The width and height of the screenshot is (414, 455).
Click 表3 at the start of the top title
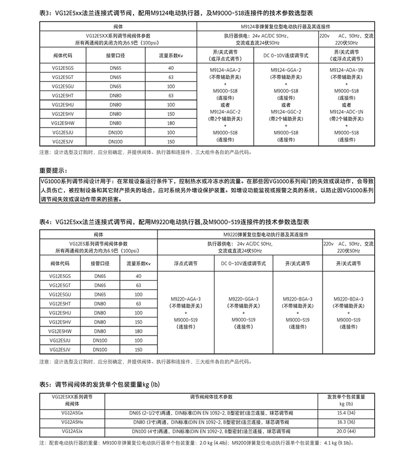coord(46,12)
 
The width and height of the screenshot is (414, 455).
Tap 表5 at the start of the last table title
coord(46,384)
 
